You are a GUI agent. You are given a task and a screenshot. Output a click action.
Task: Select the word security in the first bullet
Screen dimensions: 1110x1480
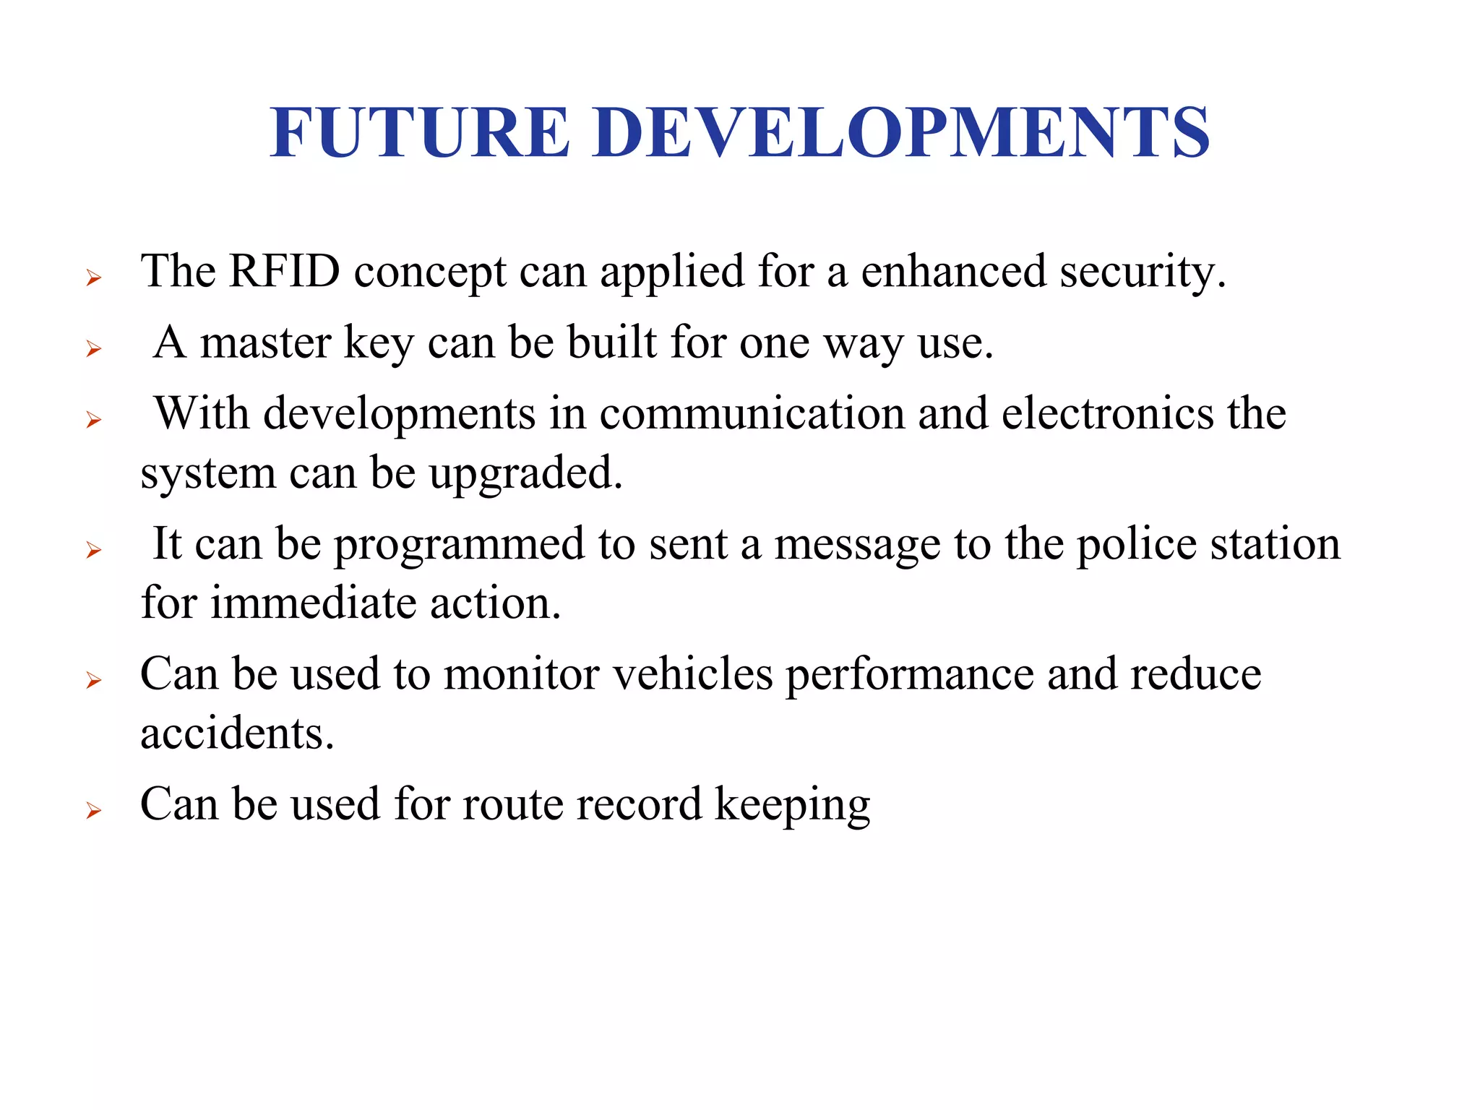tap(1143, 272)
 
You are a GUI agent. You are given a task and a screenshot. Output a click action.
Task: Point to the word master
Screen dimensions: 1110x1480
tap(265, 343)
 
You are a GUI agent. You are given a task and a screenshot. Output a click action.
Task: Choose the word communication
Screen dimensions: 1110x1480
tap(752, 413)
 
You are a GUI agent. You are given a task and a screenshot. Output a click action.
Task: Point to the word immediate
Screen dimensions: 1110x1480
tap(314, 603)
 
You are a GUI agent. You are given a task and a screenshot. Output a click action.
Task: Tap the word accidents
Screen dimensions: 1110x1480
tap(237, 733)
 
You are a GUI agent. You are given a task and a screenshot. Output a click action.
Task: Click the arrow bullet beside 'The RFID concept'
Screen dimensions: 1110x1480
tap(93, 277)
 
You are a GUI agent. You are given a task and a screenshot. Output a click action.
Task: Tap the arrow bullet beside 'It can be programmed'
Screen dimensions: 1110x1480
tap(93, 551)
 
